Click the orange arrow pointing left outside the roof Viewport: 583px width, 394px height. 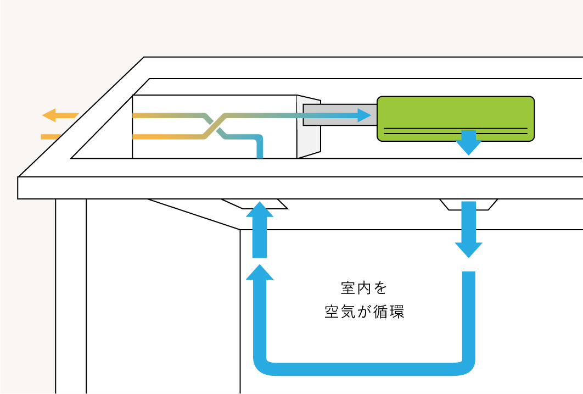click(59, 115)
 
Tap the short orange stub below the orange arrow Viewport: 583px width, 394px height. click(51, 136)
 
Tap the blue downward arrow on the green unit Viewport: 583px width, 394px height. click(468, 142)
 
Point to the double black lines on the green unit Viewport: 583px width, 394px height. click(455, 131)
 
